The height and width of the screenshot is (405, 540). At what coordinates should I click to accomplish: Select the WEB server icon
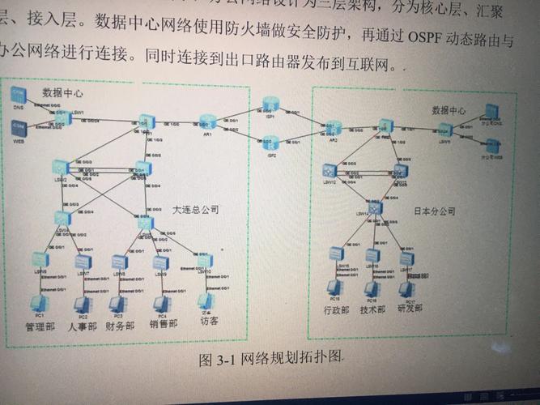pyautogui.click(x=19, y=126)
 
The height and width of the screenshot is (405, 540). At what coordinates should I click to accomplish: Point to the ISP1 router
pyautogui.click(x=270, y=104)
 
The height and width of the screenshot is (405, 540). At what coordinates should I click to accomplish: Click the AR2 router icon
pyautogui.click(x=332, y=128)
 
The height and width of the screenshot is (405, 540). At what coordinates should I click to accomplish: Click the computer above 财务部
pyautogui.click(x=119, y=305)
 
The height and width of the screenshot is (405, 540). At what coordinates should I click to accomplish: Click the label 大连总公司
pyautogui.click(x=195, y=209)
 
